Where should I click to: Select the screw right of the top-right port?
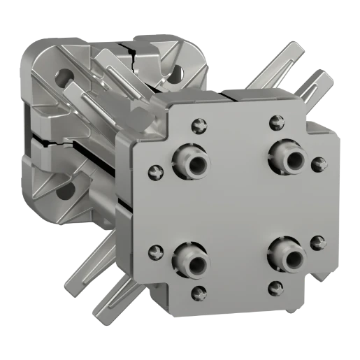pos(319,164)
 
